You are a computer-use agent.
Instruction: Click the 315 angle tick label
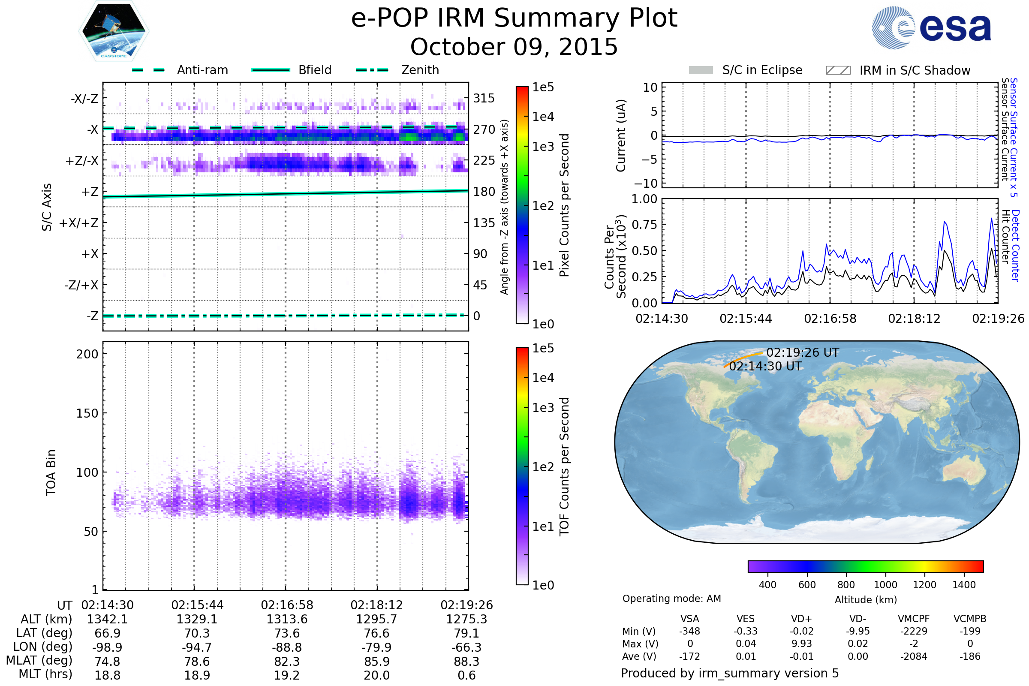pyautogui.click(x=484, y=98)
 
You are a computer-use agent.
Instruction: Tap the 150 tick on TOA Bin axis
pyautogui.click(x=87, y=413)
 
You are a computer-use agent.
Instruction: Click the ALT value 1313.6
pyautogui.click(x=287, y=619)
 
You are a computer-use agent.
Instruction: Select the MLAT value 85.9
pyautogui.click(x=377, y=661)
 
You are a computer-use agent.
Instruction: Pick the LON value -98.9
pyautogui.click(x=108, y=647)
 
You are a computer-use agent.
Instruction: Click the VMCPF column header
pyautogui.click(x=914, y=619)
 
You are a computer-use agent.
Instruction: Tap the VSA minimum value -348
pyautogui.click(x=689, y=631)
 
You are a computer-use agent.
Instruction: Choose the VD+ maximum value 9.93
pyautogui.click(x=801, y=644)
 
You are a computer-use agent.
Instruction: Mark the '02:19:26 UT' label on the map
pyautogui.click(x=802, y=352)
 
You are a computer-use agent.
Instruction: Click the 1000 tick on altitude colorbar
pyautogui.click(x=885, y=585)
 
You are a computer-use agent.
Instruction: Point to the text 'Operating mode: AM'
pyautogui.click(x=671, y=599)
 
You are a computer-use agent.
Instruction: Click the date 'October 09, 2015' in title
pyautogui.click(x=514, y=47)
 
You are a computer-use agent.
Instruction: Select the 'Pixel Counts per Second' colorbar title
pyautogui.click(x=564, y=205)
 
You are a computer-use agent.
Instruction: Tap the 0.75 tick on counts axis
pyautogui.click(x=644, y=225)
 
